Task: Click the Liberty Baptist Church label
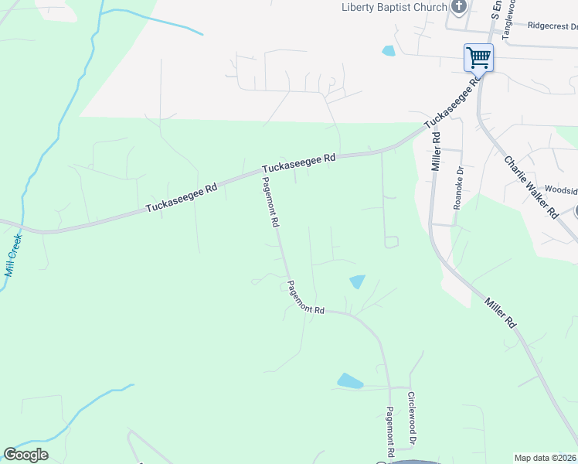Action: click(x=395, y=7)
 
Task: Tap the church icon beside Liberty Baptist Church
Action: click(x=460, y=7)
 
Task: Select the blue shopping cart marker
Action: click(x=478, y=57)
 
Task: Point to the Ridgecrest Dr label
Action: click(x=552, y=26)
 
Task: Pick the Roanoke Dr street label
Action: click(x=459, y=189)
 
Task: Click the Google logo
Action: click(x=25, y=455)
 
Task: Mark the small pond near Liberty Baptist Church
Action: click(x=388, y=51)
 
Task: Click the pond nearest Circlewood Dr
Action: click(x=350, y=380)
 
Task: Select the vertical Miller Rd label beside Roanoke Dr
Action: click(x=437, y=150)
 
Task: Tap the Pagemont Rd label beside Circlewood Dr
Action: click(x=391, y=431)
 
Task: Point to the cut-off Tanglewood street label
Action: click(x=508, y=15)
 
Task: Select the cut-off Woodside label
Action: click(x=561, y=189)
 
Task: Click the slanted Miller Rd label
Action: click(x=501, y=313)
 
